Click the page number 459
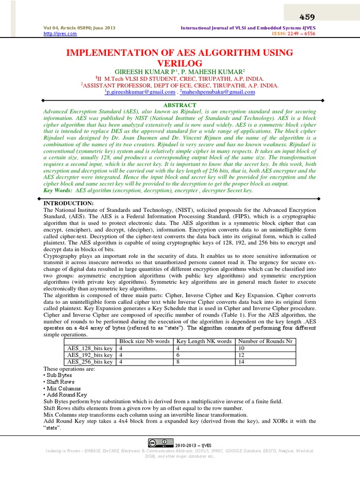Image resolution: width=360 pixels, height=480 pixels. point(307,17)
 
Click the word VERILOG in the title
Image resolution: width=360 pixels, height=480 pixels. point(180,63)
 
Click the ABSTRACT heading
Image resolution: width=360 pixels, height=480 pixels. point(180,105)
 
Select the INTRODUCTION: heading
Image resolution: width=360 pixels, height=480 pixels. point(69,203)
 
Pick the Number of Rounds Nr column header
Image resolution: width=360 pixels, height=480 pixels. point(265,341)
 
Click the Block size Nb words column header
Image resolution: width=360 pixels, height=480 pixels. point(145,341)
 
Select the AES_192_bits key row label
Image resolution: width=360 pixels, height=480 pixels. point(90,355)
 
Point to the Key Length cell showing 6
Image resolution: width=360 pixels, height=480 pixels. point(178,355)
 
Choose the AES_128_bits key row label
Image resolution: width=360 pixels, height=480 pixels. point(90,348)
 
